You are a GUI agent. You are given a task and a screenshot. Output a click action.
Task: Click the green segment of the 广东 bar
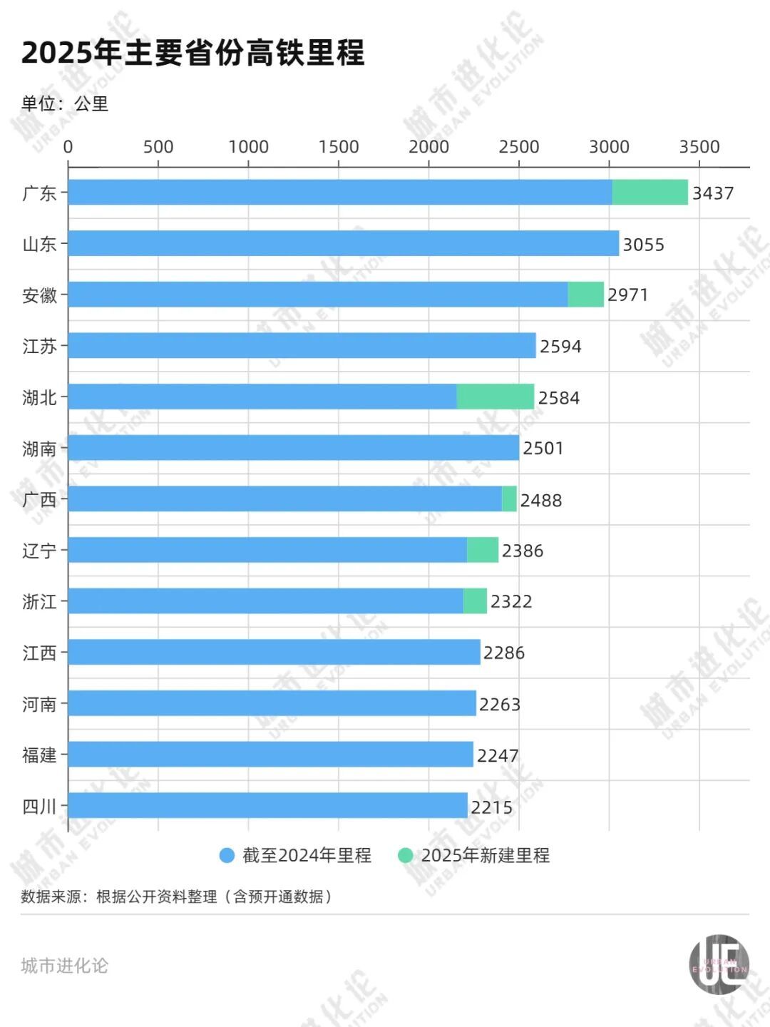click(x=650, y=193)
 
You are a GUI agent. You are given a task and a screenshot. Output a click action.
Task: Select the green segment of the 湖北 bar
click(x=495, y=397)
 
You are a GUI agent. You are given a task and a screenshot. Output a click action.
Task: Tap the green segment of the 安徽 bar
click(x=585, y=295)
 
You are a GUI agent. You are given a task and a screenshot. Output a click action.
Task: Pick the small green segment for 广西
click(x=509, y=499)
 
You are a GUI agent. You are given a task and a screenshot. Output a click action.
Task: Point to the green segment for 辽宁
click(x=483, y=550)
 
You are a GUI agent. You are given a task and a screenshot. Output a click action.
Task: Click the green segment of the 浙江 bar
click(x=475, y=601)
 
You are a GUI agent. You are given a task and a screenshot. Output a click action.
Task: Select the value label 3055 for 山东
click(x=643, y=245)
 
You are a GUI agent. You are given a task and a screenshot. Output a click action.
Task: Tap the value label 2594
click(x=560, y=347)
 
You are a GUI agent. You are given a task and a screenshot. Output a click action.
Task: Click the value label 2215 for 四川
click(x=491, y=807)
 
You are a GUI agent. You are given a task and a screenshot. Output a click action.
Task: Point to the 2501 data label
click(x=543, y=449)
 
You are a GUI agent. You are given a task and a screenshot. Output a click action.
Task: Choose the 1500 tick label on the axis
click(x=338, y=147)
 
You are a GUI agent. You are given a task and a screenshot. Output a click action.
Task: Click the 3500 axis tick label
click(x=699, y=147)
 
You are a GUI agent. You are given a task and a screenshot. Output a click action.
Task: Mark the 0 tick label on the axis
click(x=68, y=147)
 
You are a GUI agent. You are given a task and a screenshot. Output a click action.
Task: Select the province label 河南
click(x=39, y=705)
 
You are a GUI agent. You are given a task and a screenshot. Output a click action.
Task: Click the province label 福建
click(x=39, y=755)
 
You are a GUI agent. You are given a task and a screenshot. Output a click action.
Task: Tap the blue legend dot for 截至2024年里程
click(x=227, y=855)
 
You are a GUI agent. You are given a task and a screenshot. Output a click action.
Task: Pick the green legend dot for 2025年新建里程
click(x=405, y=855)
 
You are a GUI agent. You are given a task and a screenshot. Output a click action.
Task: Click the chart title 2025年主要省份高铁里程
click(x=192, y=53)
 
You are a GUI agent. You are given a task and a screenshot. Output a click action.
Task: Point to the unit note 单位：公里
click(x=64, y=104)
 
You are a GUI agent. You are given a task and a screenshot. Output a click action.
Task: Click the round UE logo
click(x=719, y=964)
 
